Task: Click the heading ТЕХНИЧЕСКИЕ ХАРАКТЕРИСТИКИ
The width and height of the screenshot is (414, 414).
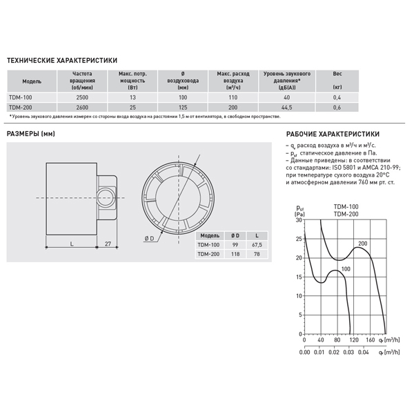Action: tap(61, 61)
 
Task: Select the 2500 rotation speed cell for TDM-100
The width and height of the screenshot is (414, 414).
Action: tap(82, 99)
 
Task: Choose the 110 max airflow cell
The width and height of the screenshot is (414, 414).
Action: tap(233, 99)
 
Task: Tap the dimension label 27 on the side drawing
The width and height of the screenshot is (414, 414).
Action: tap(108, 244)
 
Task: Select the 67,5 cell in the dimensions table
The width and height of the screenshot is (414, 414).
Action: tap(257, 244)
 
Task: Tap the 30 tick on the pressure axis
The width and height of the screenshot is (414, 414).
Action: tap(299, 221)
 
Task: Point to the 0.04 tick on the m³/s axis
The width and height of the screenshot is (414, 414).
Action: tap(364, 352)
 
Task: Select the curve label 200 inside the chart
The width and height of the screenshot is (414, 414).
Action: tap(363, 244)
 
